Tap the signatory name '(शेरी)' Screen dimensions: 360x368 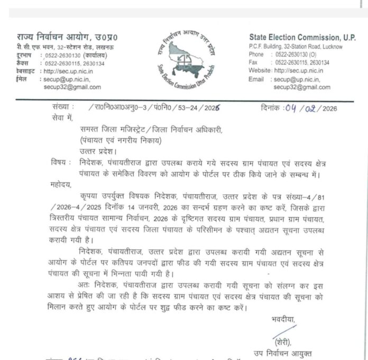283,341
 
